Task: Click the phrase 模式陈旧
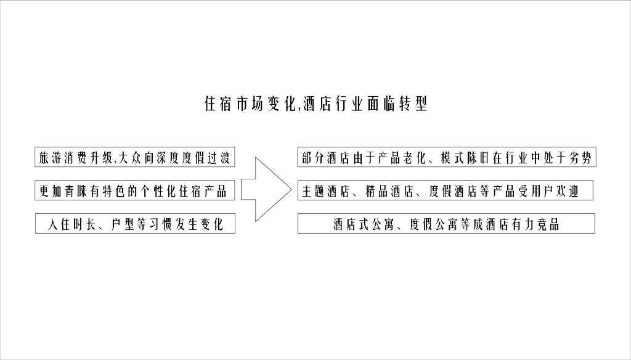click(x=465, y=158)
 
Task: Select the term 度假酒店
click(x=453, y=191)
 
